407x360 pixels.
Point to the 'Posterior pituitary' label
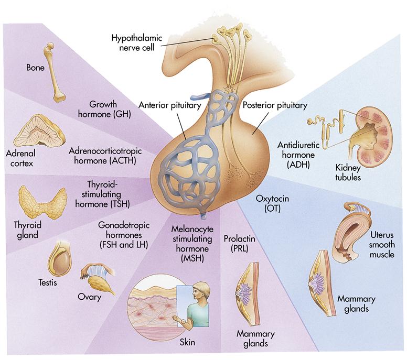click(x=275, y=105)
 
